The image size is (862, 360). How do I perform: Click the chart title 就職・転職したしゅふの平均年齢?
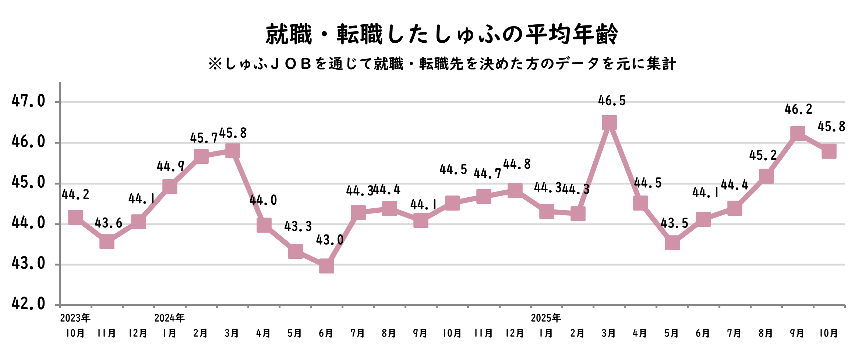tap(442, 34)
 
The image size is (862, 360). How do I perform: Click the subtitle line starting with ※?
tap(442, 64)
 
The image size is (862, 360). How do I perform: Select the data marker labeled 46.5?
tap(609, 123)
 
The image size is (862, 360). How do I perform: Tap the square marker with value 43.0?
tap(326, 265)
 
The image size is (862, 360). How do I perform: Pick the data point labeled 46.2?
tap(798, 133)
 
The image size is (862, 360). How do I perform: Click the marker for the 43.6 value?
tap(107, 242)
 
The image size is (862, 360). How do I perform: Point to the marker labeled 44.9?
tap(170, 187)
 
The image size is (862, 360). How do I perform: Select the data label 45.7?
tap(204, 138)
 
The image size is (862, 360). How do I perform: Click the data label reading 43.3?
tap(298, 226)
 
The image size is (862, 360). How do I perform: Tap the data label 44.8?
tap(517, 164)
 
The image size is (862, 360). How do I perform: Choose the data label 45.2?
tap(763, 155)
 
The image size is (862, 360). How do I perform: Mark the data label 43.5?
tap(674, 223)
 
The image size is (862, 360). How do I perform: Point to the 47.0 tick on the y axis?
tap(28, 101)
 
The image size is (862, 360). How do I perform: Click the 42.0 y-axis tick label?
tap(28, 304)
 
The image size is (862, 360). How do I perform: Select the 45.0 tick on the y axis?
tap(28, 182)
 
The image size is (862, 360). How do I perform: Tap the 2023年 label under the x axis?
tap(75, 318)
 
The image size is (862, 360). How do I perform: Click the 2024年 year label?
tap(169, 318)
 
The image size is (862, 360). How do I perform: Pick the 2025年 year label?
tap(546, 318)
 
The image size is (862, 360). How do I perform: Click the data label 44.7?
tap(487, 173)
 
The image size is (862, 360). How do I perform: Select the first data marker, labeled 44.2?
tap(75, 218)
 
